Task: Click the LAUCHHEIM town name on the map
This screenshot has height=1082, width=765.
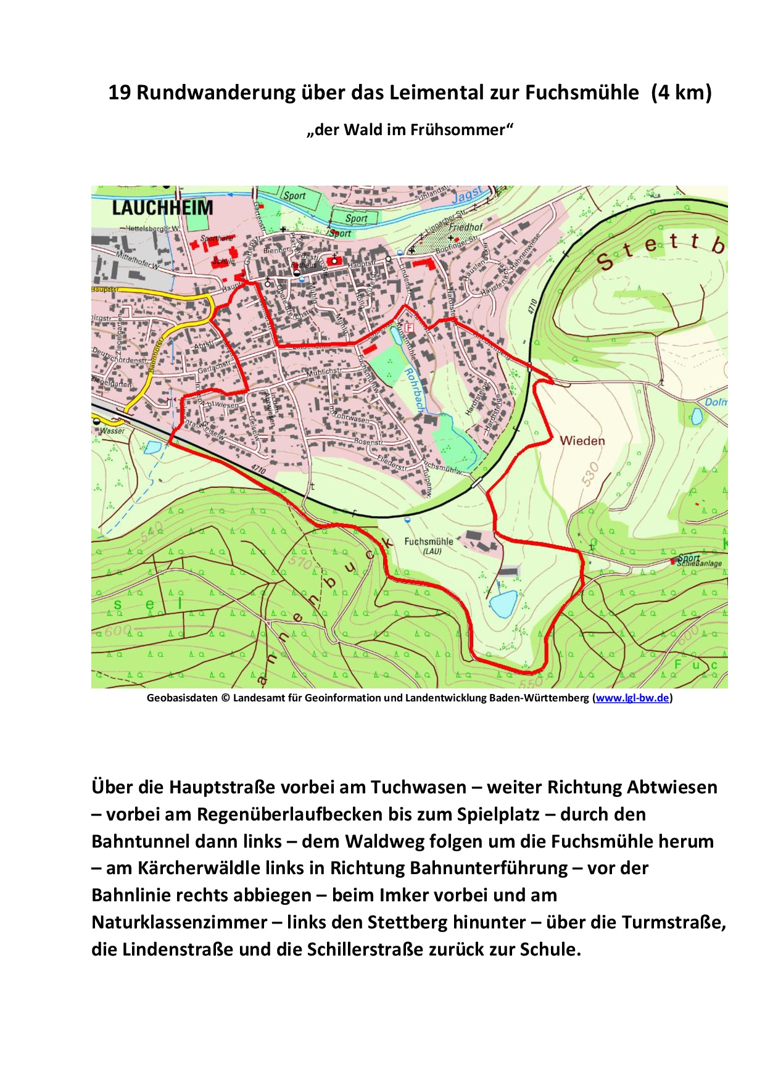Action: point(162,208)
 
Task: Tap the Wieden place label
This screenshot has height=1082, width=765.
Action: point(582,441)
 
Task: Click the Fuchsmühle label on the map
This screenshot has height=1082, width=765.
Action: point(429,542)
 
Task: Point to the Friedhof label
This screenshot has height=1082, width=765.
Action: point(466,227)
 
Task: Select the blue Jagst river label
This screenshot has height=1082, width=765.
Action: point(467,196)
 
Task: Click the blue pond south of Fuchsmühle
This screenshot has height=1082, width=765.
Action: point(503,603)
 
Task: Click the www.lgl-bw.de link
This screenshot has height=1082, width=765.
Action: point(632,698)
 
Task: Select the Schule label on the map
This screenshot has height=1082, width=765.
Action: point(223,262)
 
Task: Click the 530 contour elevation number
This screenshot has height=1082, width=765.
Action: point(590,474)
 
